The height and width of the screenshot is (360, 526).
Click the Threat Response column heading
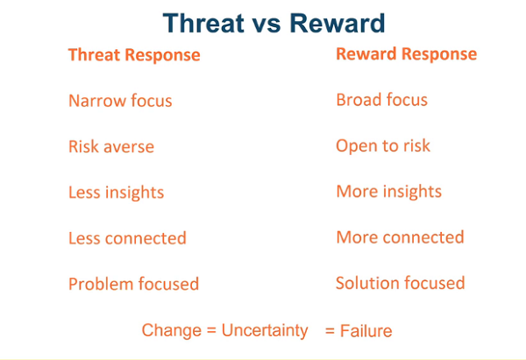click(x=134, y=55)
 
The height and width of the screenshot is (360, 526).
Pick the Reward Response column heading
click(x=406, y=53)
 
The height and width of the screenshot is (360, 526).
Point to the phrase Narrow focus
click(x=120, y=101)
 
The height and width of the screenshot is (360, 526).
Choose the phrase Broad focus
click(x=381, y=100)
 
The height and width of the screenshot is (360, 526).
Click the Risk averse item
click(x=111, y=146)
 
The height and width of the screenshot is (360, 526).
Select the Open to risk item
click(x=383, y=145)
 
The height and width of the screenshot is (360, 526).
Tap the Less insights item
click(x=116, y=192)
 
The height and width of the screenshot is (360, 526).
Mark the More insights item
click(x=388, y=191)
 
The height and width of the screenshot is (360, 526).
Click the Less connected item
click(x=127, y=238)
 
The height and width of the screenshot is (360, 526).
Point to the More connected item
click(x=400, y=237)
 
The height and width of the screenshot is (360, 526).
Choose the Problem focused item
click(x=133, y=284)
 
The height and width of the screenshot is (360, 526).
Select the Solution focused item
click(x=400, y=283)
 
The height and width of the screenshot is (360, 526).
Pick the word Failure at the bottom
click(x=367, y=331)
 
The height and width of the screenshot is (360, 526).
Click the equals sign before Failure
click(x=331, y=331)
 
